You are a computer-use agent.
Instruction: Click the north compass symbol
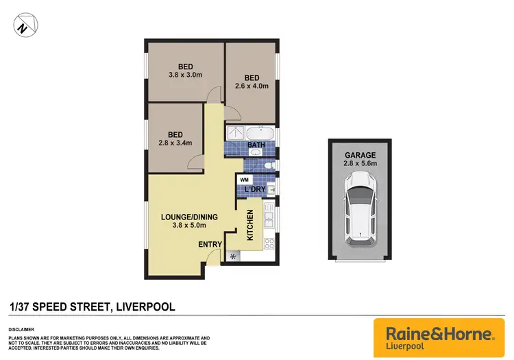[25, 27]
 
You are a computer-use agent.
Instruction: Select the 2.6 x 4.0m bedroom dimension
[252, 86]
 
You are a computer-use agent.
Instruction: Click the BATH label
[256, 145]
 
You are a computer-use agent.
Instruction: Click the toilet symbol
[269, 165]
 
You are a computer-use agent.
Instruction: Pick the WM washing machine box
[243, 180]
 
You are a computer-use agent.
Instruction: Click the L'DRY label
[255, 189]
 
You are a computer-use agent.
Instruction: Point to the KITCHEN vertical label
[250, 224]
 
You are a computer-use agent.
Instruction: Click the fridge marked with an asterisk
[234, 256]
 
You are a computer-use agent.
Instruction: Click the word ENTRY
[210, 244]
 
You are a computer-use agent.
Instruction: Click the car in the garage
[359, 208]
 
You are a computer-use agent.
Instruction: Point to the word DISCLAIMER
[21, 328]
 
